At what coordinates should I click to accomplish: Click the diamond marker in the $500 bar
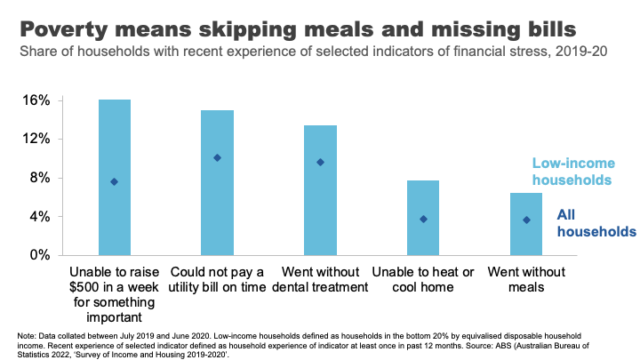coord(114,181)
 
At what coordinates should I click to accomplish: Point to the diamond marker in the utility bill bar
coord(217,158)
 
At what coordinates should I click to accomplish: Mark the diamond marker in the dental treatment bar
coord(320,163)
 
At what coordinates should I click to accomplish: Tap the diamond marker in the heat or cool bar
coord(423,219)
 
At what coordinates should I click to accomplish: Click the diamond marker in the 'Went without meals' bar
coord(526,220)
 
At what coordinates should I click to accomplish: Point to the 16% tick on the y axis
coord(36,100)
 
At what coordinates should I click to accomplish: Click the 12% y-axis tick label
coord(36,140)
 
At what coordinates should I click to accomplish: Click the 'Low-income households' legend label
coord(572,172)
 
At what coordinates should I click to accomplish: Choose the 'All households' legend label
coord(596,222)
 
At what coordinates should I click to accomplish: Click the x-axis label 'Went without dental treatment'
coord(320,280)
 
